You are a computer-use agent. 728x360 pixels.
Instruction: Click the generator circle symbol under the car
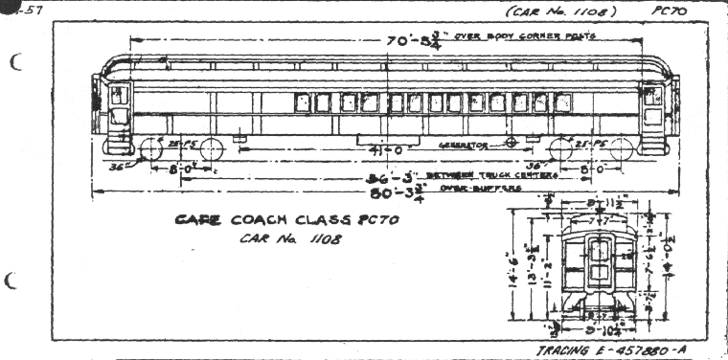512,142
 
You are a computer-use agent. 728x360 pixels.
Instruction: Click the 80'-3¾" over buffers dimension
383,191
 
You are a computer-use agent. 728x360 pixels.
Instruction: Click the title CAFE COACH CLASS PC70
285,220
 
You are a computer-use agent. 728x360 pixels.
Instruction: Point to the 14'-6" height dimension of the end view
513,274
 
